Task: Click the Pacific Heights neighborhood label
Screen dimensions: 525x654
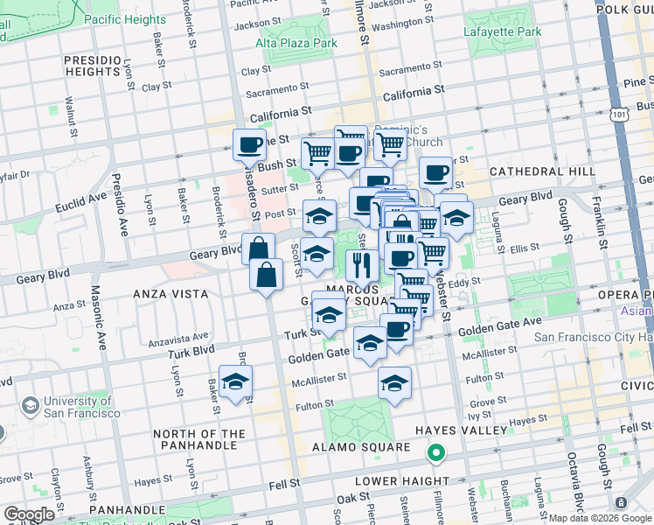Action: coord(126,19)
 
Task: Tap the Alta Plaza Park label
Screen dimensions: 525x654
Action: coord(296,42)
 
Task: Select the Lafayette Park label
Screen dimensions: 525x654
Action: coord(503,32)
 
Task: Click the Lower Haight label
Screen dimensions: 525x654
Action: coord(402,481)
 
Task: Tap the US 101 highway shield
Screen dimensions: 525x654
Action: coord(619,115)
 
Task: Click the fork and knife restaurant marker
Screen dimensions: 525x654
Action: coord(361,263)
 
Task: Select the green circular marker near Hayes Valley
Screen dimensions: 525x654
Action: coord(435,453)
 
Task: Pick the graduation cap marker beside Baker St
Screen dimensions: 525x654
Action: coord(235,381)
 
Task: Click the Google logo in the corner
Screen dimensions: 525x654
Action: coord(30,514)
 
